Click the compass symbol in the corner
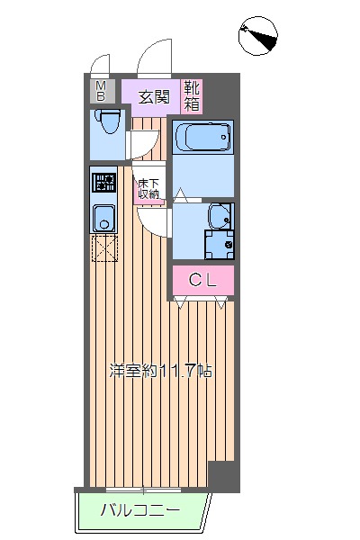pyautogui.click(x=258, y=36)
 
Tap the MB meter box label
pyautogui.click(x=100, y=91)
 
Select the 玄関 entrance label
pyautogui.click(x=154, y=97)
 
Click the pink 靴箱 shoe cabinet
pyautogui.click(x=192, y=96)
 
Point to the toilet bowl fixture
pyautogui.click(x=107, y=121)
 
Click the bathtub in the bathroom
pyautogui.click(x=202, y=137)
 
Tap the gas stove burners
pyautogui.click(x=103, y=182)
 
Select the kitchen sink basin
pyautogui.click(x=104, y=218)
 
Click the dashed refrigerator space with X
pyautogui.click(x=104, y=247)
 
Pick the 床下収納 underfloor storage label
pyautogui.click(x=148, y=189)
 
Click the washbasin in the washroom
pyautogui.click(x=220, y=217)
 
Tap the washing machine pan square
pyautogui.click(x=219, y=245)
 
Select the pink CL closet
pyautogui.click(x=203, y=280)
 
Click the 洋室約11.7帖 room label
pyautogui.click(x=160, y=371)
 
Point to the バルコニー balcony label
pyautogui.click(x=139, y=509)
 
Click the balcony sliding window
pyautogui.click(x=143, y=490)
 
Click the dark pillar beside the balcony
pyautogui.click(x=224, y=477)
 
